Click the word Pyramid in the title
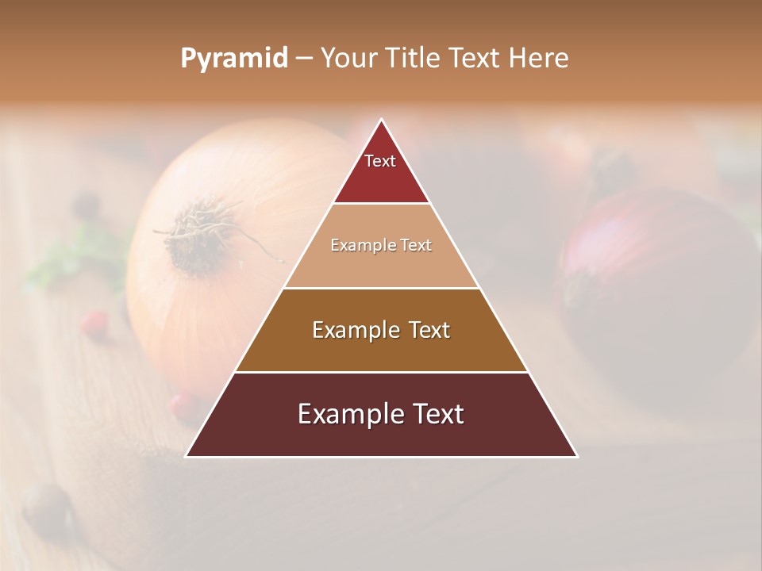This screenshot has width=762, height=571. click(x=234, y=59)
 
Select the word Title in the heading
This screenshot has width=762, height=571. click(x=413, y=59)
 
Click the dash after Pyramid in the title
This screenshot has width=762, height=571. click(x=303, y=59)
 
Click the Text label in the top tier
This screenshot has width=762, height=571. click(x=380, y=161)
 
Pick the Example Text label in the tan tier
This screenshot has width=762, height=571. click(x=381, y=245)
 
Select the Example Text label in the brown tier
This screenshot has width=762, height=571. click(x=381, y=330)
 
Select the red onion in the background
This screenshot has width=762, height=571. click(x=659, y=285)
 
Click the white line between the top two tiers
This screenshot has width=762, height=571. click(x=381, y=204)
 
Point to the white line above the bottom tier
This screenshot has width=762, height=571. click(x=381, y=372)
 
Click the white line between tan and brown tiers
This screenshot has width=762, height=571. click(x=381, y=288)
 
